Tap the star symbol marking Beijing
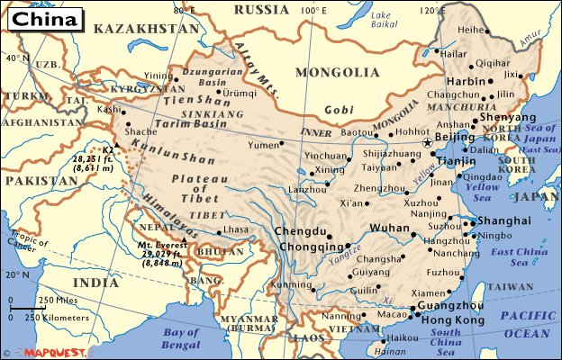pos(428,142)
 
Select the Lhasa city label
pos(236,229)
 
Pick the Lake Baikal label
pos(383,19)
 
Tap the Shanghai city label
pos(503,220)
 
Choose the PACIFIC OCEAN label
pos(530,323)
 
